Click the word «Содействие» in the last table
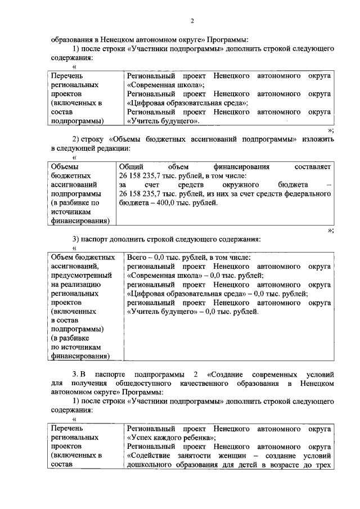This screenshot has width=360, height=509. pyautogui.click(x=148, y=456)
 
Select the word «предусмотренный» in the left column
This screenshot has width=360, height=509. pyautogui.click(x=81, y=276)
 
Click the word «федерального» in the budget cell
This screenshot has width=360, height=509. pyautogui.click(x=308, y=194)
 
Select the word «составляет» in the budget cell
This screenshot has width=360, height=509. pyautogui.click(x=312, y=167)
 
